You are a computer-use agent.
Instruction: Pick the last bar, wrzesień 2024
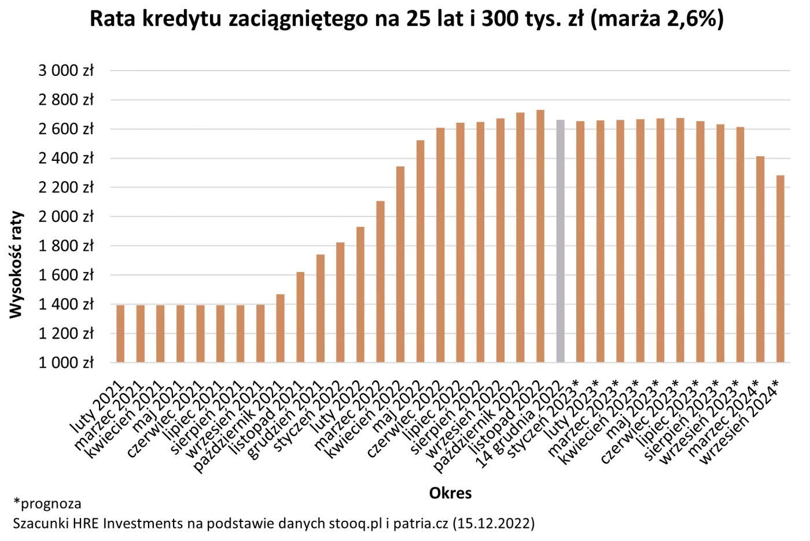pos(780,269)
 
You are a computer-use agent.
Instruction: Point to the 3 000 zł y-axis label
pos(66,71)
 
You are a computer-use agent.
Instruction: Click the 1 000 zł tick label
pos(66,363)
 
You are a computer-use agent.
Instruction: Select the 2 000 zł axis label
pos(66,216)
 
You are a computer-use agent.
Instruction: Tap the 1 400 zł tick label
pos(66,304)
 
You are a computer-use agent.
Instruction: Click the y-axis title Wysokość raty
pos(16,264)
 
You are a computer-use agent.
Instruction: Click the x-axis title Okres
pos(450,493)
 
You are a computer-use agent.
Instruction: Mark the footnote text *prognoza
pos(47,503)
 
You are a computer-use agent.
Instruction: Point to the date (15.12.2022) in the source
pos(494,524)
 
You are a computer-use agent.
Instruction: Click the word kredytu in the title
pos(181,19)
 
